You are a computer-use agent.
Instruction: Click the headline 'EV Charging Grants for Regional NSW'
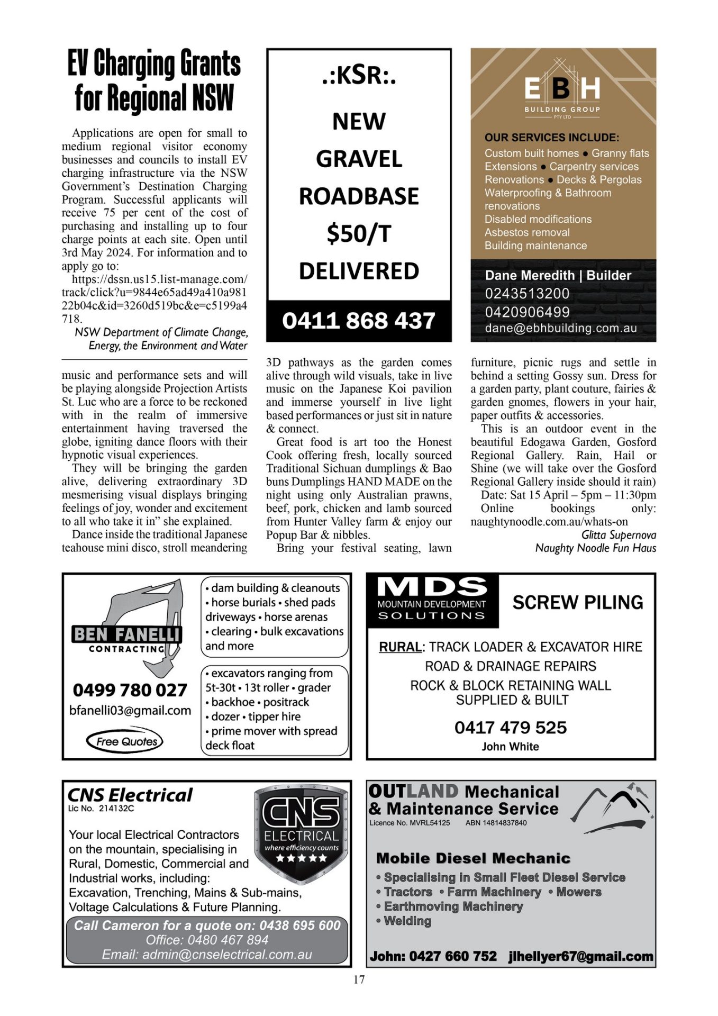tap(154, 80)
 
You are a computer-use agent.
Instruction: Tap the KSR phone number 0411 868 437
tap(359, 321)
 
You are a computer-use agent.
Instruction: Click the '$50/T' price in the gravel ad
tap(359, 233)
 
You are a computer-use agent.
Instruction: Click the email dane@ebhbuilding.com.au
tap(561, 328)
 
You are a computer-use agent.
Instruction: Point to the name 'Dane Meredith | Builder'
tap(558, 275)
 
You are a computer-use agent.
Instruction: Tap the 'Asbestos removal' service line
tap(527, 232)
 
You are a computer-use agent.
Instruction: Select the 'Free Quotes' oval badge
tap(125, 741)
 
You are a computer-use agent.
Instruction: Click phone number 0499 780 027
tap(130, 690)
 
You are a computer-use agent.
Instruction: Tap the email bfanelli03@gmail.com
tap(130, 711)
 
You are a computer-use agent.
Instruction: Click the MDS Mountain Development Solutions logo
tap(432, 600)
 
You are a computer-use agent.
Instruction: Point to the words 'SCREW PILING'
tap(578, 602)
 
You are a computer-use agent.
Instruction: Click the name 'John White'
tap(510, 747)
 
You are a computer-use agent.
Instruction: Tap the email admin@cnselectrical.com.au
tap(207, 955)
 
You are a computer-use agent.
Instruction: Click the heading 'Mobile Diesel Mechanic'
tap(473, 858)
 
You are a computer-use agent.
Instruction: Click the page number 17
tap(359, 979)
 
